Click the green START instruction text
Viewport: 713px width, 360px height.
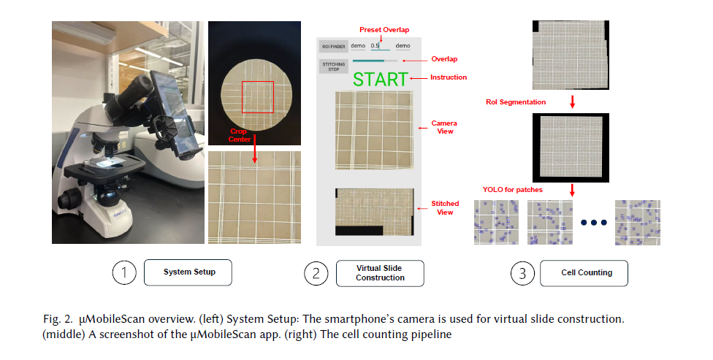(381, 80)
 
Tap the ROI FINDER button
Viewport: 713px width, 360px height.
(334, 46)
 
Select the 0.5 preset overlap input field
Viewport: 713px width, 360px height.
(380, 46)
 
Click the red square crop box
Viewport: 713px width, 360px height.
(258, 97)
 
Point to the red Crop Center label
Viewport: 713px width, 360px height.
(238, 135)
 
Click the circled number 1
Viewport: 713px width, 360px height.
(124, 272)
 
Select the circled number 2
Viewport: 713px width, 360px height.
(316, 273)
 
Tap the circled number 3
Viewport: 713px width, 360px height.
(522, 273)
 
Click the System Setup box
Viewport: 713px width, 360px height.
(188, 272)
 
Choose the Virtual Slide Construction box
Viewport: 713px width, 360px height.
(380, 273)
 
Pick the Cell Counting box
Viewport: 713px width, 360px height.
(584, 273)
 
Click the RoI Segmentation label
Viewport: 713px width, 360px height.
(516, 102)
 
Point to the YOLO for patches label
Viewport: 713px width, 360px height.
(513, 190)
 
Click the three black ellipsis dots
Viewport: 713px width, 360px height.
(594, 222)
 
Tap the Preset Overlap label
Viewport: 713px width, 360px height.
(384, 29)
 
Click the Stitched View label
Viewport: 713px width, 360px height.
(445, 207)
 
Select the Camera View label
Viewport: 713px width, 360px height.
(444, 127)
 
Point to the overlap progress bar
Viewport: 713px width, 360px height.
(375, 61)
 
